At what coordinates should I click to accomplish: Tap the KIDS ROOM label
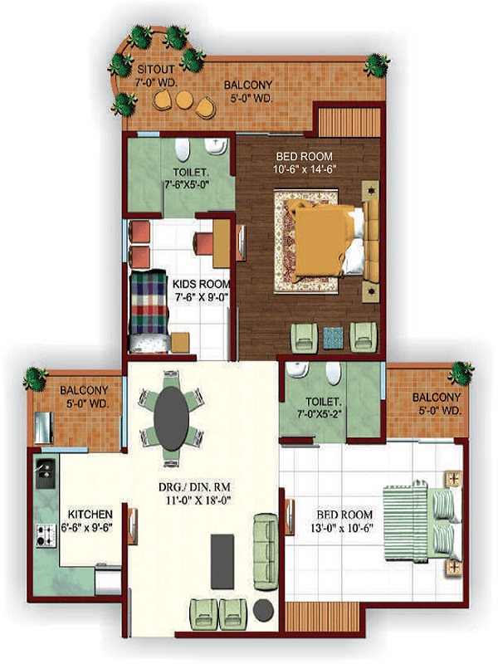(x=202, y=284)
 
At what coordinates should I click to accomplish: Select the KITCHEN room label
(x=90, y=515)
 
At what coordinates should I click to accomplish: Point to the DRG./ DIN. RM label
(x=194, y=487)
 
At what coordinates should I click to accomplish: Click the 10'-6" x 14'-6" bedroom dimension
(x=305, y=170)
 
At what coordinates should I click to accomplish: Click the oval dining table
(x=172, y=418)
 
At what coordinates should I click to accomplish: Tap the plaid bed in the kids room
(x=149, y=311)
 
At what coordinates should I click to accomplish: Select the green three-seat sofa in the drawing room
(x=265, y=552)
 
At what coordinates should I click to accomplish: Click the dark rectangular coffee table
(x=222, y=562)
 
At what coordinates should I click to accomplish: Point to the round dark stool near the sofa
(x=263, y=610)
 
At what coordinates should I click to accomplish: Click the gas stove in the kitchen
(x=46, y=535)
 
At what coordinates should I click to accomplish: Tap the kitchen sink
(x=46, y=473)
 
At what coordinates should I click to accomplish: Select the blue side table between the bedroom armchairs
(x=334, y=338)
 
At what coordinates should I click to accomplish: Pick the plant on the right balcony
(x=461, y=373)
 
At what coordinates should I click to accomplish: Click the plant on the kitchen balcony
(x=36, y=378)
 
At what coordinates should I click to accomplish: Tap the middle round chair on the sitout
(x=184, y=100)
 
